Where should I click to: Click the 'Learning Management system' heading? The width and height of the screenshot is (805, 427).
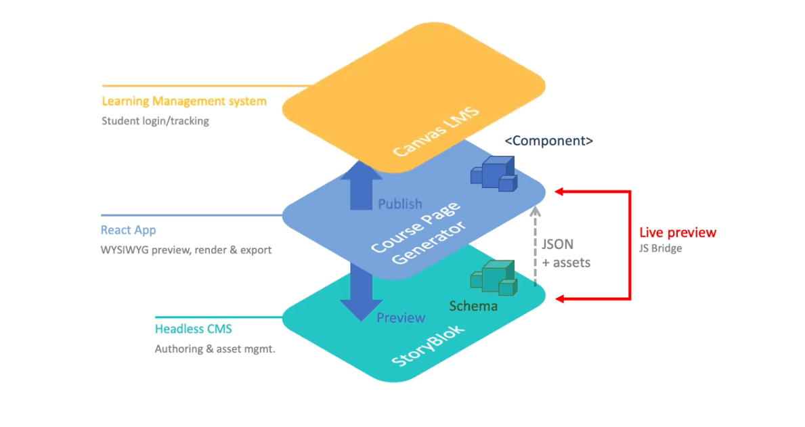pyautogui.click(x=183, y=102)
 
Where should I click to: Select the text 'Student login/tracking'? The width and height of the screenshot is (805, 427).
pyautogui.click(x=155, y=121)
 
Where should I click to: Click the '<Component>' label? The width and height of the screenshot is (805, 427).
pyautogui.click(x=548, y=141)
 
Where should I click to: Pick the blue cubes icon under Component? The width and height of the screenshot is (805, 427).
pyautogui.click(x=494, y=174)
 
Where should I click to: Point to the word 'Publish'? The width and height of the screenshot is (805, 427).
pyautogui.click(x=399, y=204)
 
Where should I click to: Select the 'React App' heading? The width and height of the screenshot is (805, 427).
pyautogui.click(x=128, y=230)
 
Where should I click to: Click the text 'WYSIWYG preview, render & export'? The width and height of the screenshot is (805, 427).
pyautogui.click(x=186, y=250)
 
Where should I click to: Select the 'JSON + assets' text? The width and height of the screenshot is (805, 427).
pyautogui.click(x=566, y=252)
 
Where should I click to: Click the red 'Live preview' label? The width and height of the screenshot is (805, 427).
pyautogui.click(x=677, y=232)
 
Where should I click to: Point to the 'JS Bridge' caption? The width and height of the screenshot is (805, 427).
pyautogui.click(x=660, y=248)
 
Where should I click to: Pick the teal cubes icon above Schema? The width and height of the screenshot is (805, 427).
pyautogui.click(x=494, y=277)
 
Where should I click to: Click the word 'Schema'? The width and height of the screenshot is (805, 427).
pyautogui.click(x=473, y=306)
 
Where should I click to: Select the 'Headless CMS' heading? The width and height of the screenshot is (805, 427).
pyautogui.click(x=193, y=329)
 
